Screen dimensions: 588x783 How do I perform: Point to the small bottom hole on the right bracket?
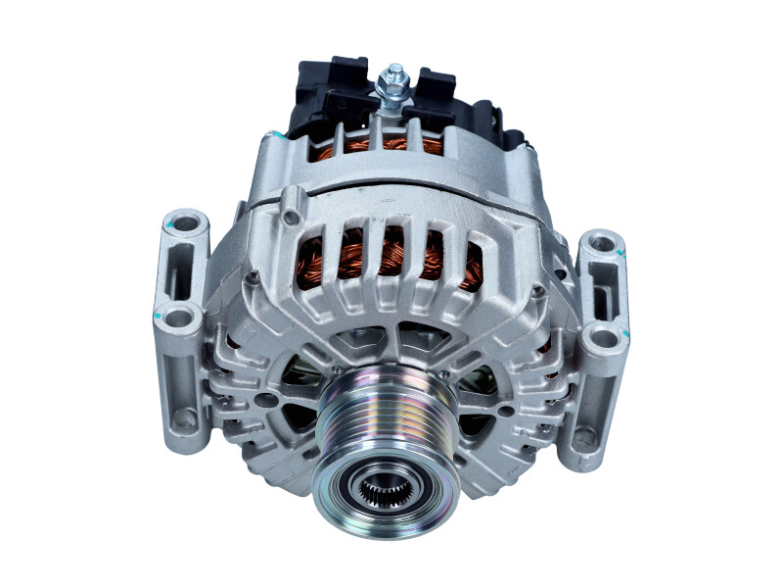click(584, 436)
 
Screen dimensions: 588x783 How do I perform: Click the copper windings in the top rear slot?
click(391, 145)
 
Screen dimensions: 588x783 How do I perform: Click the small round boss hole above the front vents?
click(291, 205)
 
